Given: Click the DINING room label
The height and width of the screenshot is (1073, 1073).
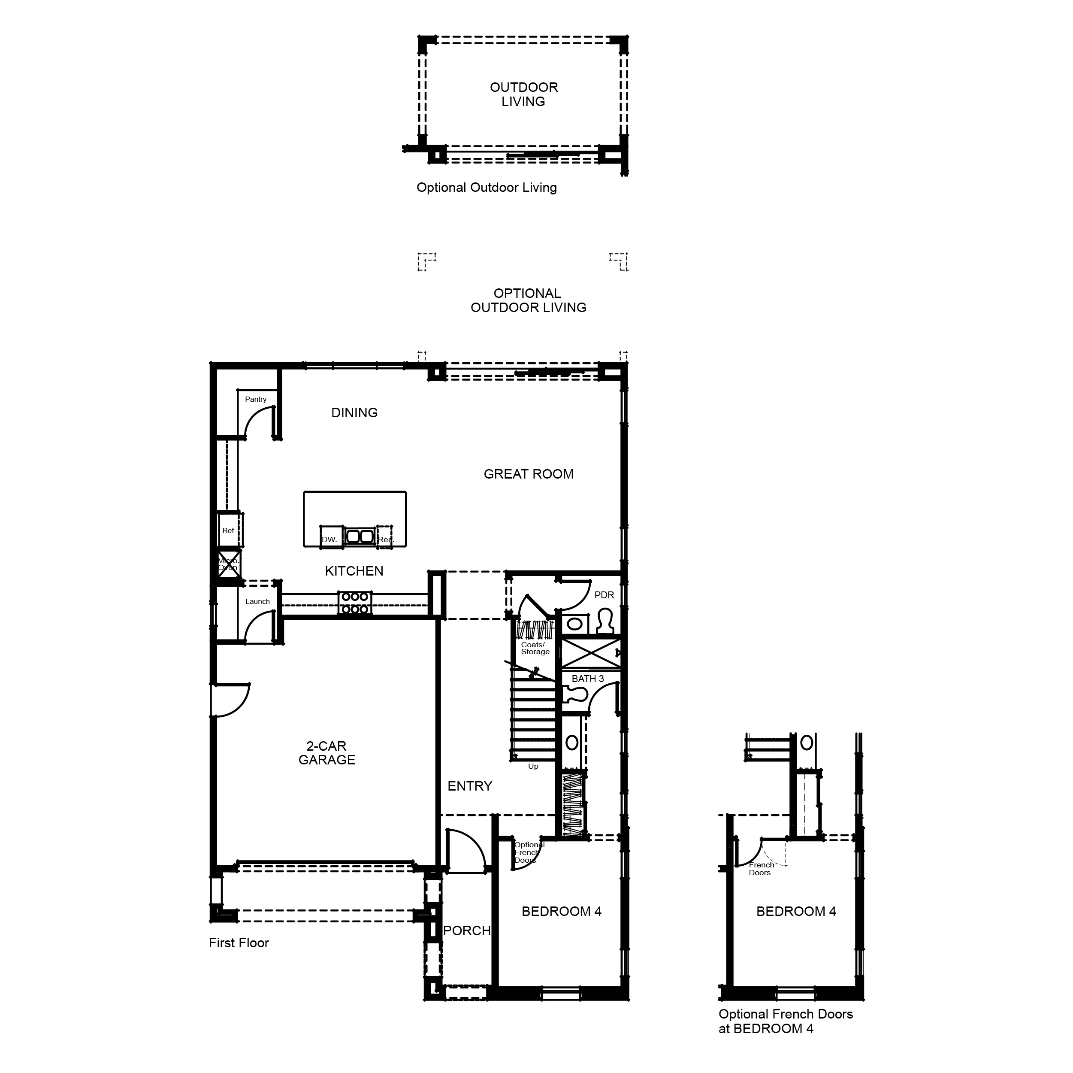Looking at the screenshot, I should point(354,413).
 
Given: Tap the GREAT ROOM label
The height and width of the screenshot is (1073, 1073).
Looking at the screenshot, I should point(528,474).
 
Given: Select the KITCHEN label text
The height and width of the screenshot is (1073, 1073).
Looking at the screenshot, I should point(354,571).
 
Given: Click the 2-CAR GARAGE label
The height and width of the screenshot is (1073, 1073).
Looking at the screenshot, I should point(326,753).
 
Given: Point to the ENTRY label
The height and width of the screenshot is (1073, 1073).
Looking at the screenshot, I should point(470,786).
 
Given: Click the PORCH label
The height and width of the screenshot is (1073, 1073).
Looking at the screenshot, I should point(466,930).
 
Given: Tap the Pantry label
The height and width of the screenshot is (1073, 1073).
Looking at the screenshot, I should point(255,400).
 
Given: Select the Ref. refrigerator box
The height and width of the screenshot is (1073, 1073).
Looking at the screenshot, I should point(229,530).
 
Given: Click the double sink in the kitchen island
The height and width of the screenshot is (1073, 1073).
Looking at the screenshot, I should point(360,536).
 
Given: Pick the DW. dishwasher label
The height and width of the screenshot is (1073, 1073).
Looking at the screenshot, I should point(329,540).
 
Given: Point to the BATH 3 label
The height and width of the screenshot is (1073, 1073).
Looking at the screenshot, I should point(588,679).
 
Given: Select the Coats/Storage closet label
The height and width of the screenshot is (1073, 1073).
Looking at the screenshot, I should point(535,649).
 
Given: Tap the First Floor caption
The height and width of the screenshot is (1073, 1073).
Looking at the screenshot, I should point(239,943).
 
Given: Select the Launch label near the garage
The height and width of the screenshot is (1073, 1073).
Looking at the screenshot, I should point(257,601).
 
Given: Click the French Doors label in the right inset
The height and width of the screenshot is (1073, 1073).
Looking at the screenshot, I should point(761,869).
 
